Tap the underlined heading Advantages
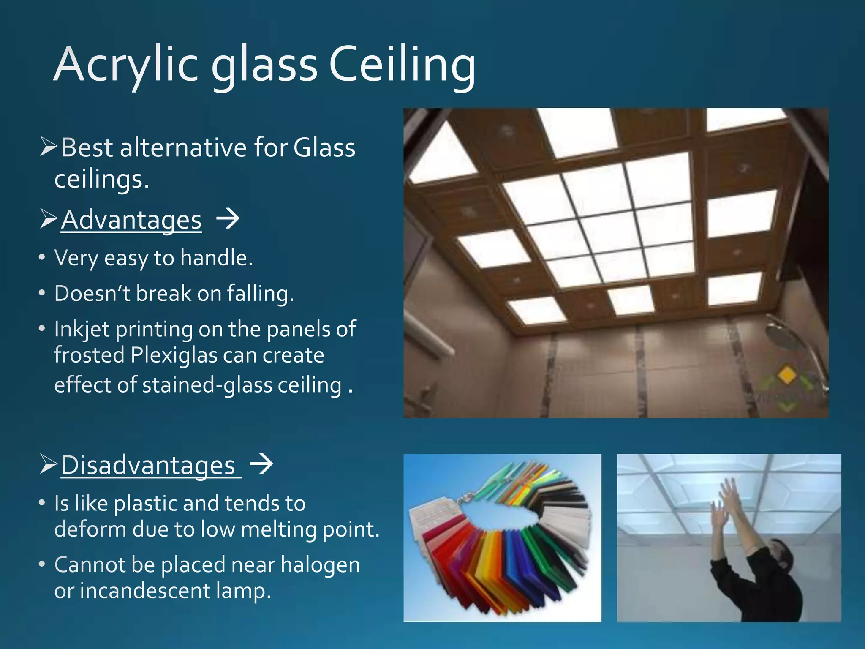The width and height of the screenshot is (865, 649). (131, 220)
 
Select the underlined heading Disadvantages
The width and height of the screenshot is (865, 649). (148, 466)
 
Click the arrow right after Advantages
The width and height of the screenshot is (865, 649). (228, 219)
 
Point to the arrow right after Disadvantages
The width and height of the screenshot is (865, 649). (261, 464)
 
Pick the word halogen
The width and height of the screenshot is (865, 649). (320, 565)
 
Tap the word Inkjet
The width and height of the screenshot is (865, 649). (82, 330)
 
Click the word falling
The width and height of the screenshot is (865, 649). (259, 293)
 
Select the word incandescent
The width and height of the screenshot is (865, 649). (144, 591)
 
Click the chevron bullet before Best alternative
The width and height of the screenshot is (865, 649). (48, 147)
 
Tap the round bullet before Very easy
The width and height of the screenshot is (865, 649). (41, 257)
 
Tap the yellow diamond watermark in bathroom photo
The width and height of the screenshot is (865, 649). (786, 375)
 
